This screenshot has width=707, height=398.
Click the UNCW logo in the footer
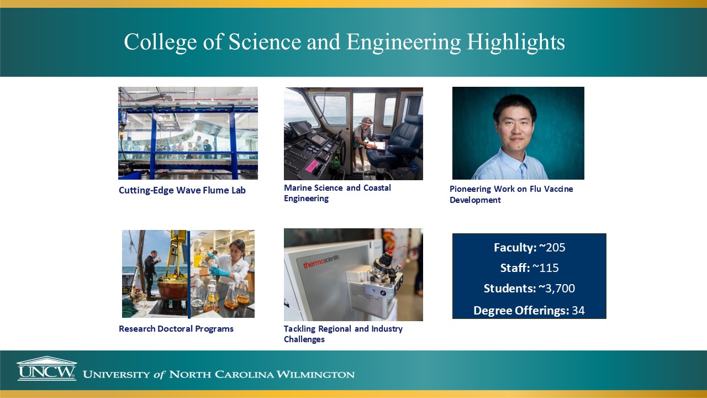[46, 369]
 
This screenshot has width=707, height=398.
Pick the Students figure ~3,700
[556, 289]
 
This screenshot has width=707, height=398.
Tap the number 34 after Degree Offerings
[578, 311]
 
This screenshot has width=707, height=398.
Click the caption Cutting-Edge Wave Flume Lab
[182, 191]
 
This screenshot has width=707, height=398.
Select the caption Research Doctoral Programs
[176, 329]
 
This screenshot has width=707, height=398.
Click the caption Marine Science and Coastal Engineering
[337, 193]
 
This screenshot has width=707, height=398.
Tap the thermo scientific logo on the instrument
[321, 260]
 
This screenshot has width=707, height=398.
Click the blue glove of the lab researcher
[220, 272]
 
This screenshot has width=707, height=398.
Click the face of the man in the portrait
[515, 122]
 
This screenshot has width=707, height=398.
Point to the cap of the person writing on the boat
[366, 121]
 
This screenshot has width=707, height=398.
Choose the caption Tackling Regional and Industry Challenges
[343, 334]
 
